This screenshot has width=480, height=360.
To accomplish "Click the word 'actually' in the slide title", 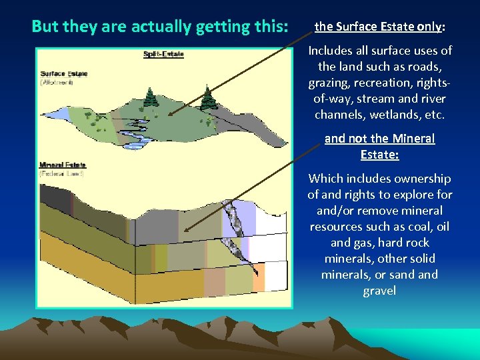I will click(x=161, y=27).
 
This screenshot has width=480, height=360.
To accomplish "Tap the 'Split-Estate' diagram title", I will click(x=164, y=54).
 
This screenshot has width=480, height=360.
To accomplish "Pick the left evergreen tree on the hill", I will click(x=150, y=99).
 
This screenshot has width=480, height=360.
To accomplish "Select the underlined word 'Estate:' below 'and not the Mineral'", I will click(x=379, y=155).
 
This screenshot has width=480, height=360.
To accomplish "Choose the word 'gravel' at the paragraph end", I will click(x=379, y=291).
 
